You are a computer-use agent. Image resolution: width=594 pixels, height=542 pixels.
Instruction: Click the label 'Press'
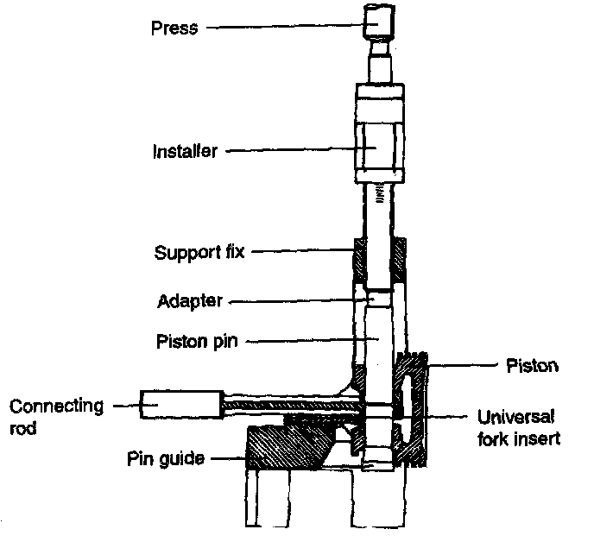(175, 28)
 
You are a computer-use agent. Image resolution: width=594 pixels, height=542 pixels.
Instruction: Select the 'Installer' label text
(185, 151)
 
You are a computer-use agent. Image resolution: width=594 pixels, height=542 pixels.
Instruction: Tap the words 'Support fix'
(199, 253)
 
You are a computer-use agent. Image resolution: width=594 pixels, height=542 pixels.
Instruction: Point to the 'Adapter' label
(190, 301)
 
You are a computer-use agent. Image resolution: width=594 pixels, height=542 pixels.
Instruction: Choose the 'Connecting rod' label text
(56, 415)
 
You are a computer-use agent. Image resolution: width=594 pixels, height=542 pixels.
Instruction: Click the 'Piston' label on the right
(532, 366)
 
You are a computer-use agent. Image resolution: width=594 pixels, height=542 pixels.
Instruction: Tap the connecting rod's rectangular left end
(180, 403)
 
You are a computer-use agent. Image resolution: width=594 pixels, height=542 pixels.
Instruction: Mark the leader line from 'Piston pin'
(302, 341)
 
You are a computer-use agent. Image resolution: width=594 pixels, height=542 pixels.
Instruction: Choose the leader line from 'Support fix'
(301, 253)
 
